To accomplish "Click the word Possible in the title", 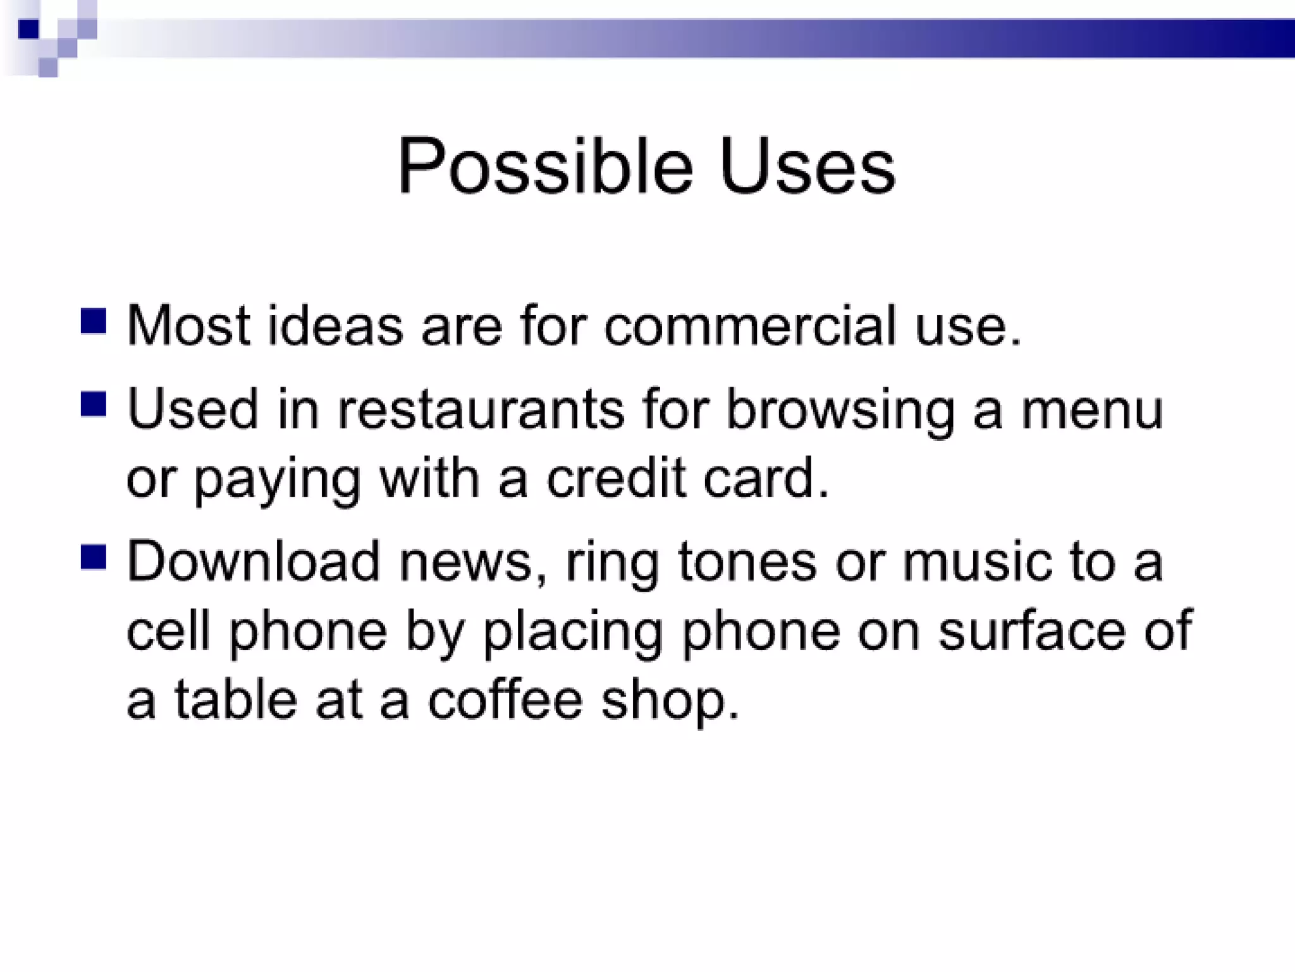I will click(545, 166).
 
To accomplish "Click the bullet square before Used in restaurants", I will click(94, 404).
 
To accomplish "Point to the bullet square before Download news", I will click(94, 558).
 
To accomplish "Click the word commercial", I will click(750, 325).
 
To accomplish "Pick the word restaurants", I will click(481, 409).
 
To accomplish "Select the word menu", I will click(1092, 409).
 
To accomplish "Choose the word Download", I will click(253, 561).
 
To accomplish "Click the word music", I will click(977, 561).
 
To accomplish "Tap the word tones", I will click(747, 561).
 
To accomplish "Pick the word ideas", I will click(335, 325).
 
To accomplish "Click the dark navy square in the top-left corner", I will click(28, 29).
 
